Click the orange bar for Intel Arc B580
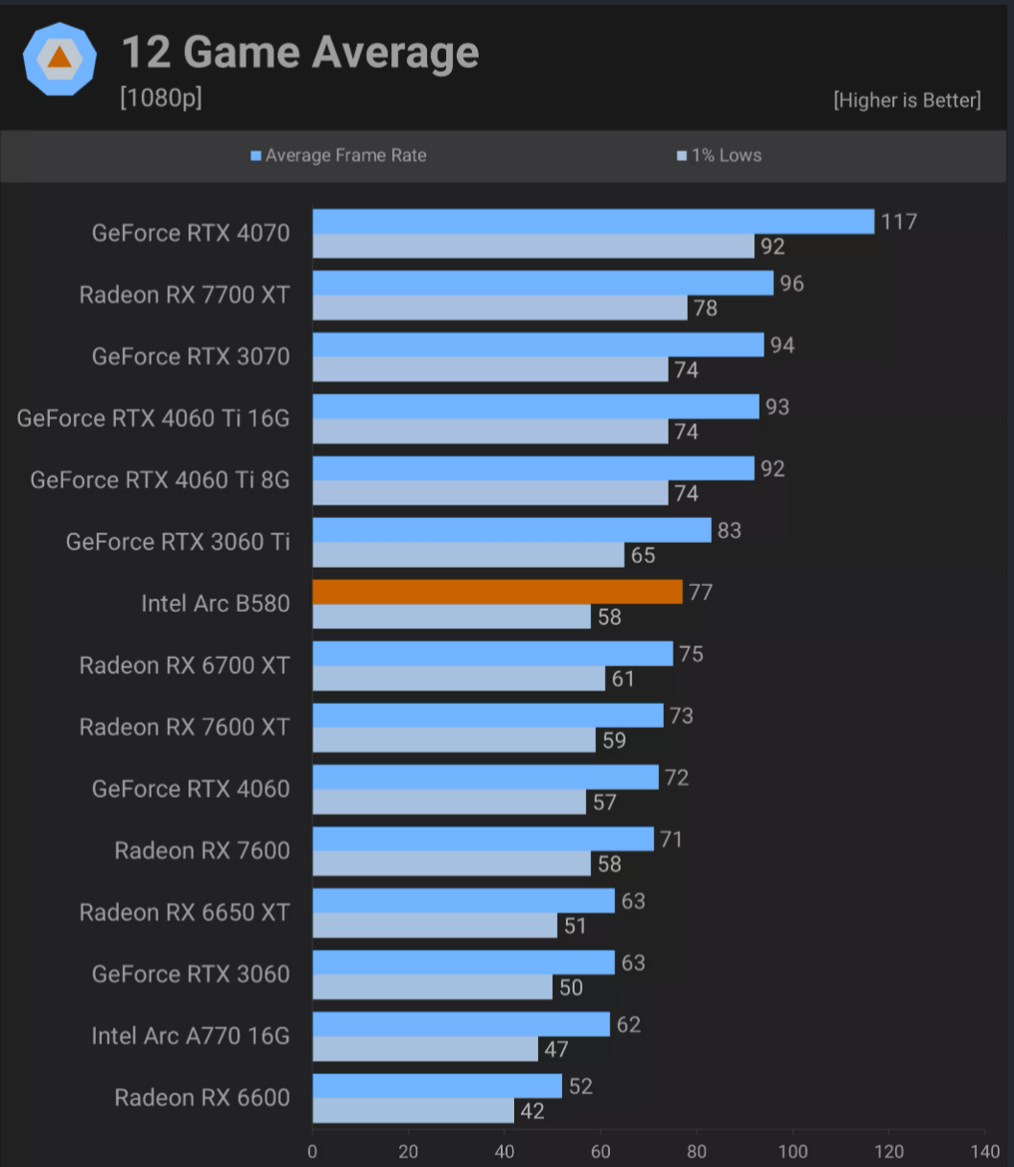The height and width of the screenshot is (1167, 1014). pos(497,592)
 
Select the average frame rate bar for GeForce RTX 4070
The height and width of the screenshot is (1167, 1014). pos(593,222)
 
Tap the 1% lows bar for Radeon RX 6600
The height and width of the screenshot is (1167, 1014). pos(413,1110)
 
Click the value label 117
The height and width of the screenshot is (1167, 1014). pos(899,222)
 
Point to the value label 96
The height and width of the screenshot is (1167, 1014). pos(791,284)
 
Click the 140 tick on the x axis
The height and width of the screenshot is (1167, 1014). pos(984,1151)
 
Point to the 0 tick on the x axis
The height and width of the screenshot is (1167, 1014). pos(313,1151)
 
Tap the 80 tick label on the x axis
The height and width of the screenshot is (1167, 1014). pos(697,1151)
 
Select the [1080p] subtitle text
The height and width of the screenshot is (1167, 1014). pos(160,98)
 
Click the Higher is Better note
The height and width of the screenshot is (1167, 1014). pos(907,100)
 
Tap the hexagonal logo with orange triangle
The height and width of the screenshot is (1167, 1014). pos(59,58)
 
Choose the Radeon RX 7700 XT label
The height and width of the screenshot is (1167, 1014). pos(184,294)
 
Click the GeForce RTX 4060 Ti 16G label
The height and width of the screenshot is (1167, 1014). pos(153,418)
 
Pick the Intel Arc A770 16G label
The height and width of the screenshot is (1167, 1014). pos(190,1036)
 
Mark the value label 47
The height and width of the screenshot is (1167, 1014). pos(556,1049)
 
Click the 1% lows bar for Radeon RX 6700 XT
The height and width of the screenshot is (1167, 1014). pos(459,678)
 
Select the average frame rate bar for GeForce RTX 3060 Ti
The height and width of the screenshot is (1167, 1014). pos(511,530)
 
